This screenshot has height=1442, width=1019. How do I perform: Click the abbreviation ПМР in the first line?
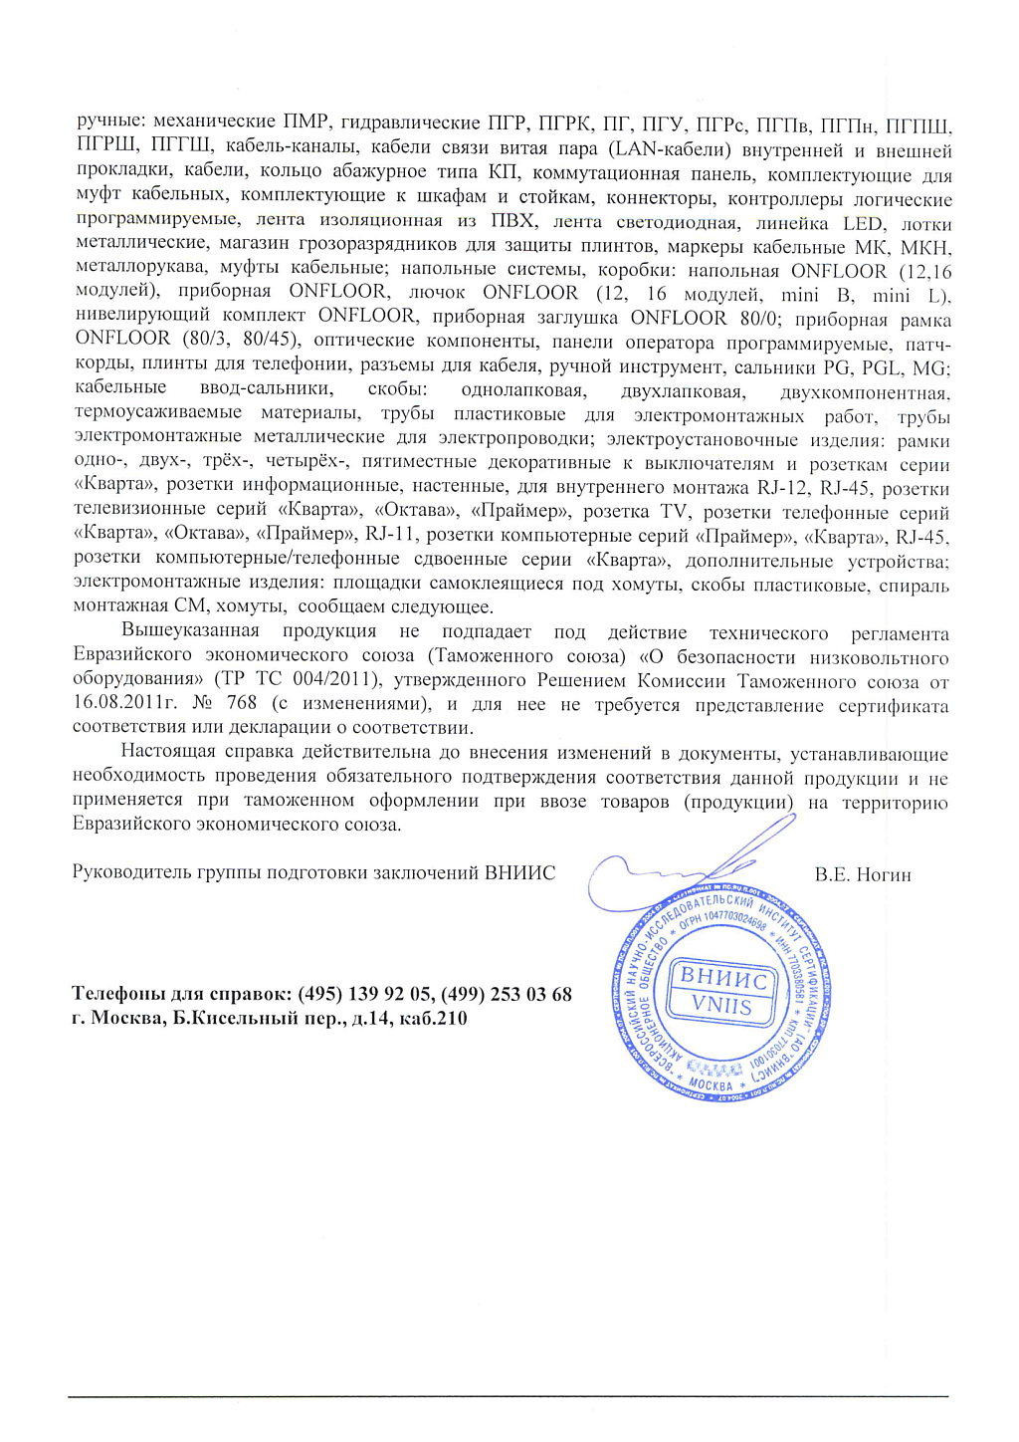(x=306, y=123)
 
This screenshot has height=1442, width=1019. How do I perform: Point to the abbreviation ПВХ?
(x=512, y=220)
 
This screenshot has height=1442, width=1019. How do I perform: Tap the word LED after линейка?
(x=863, y=224)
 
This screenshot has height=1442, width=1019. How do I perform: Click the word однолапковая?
(x=523, y=390)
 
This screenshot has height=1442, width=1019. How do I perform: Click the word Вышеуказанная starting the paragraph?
(x=190, y=631)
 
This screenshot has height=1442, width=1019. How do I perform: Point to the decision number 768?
(x=242, y=703)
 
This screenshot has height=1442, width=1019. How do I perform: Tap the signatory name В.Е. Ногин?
(x=863, y=875)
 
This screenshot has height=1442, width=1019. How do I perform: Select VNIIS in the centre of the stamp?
(x=722, y=1005)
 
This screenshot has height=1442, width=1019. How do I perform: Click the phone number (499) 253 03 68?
(x=507, y=994)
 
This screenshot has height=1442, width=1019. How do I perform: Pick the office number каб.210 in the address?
(x=432, y=1018)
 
